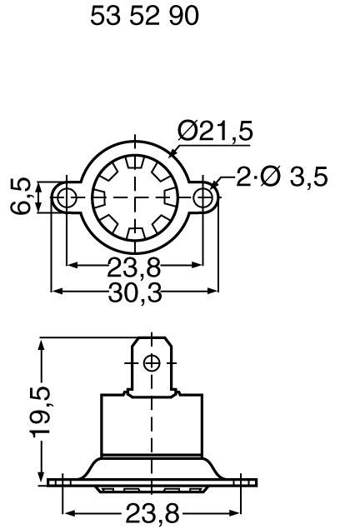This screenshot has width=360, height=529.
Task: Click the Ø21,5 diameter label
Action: (x=216, y=132)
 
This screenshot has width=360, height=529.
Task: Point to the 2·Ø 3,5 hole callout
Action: (x=282, y=177)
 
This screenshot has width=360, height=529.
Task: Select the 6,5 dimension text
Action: (x=22, y=196)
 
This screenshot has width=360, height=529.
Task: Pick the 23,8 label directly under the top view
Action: (x=134, y=267)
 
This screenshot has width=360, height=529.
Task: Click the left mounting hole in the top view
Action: (x=67, y=197)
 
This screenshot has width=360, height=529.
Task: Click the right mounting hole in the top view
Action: (x=202, y=197)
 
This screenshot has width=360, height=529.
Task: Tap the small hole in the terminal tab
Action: (x=151, y=362)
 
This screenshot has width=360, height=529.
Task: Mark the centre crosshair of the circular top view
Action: (x=135, y=197)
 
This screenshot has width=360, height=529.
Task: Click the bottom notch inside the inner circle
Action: (x=135, y=232)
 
